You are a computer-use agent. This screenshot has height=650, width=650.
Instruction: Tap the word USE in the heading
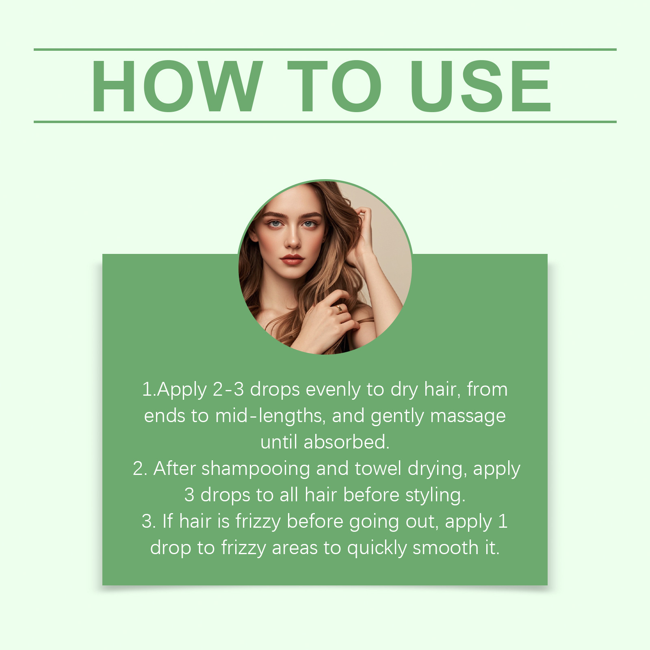(x=481, y=86)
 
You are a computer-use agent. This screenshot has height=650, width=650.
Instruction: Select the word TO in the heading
(x=335, y=86)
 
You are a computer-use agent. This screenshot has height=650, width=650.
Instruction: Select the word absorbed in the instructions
(x=346, y=442)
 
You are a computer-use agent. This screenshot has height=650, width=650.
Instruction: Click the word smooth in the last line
(x=446, y=548)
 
